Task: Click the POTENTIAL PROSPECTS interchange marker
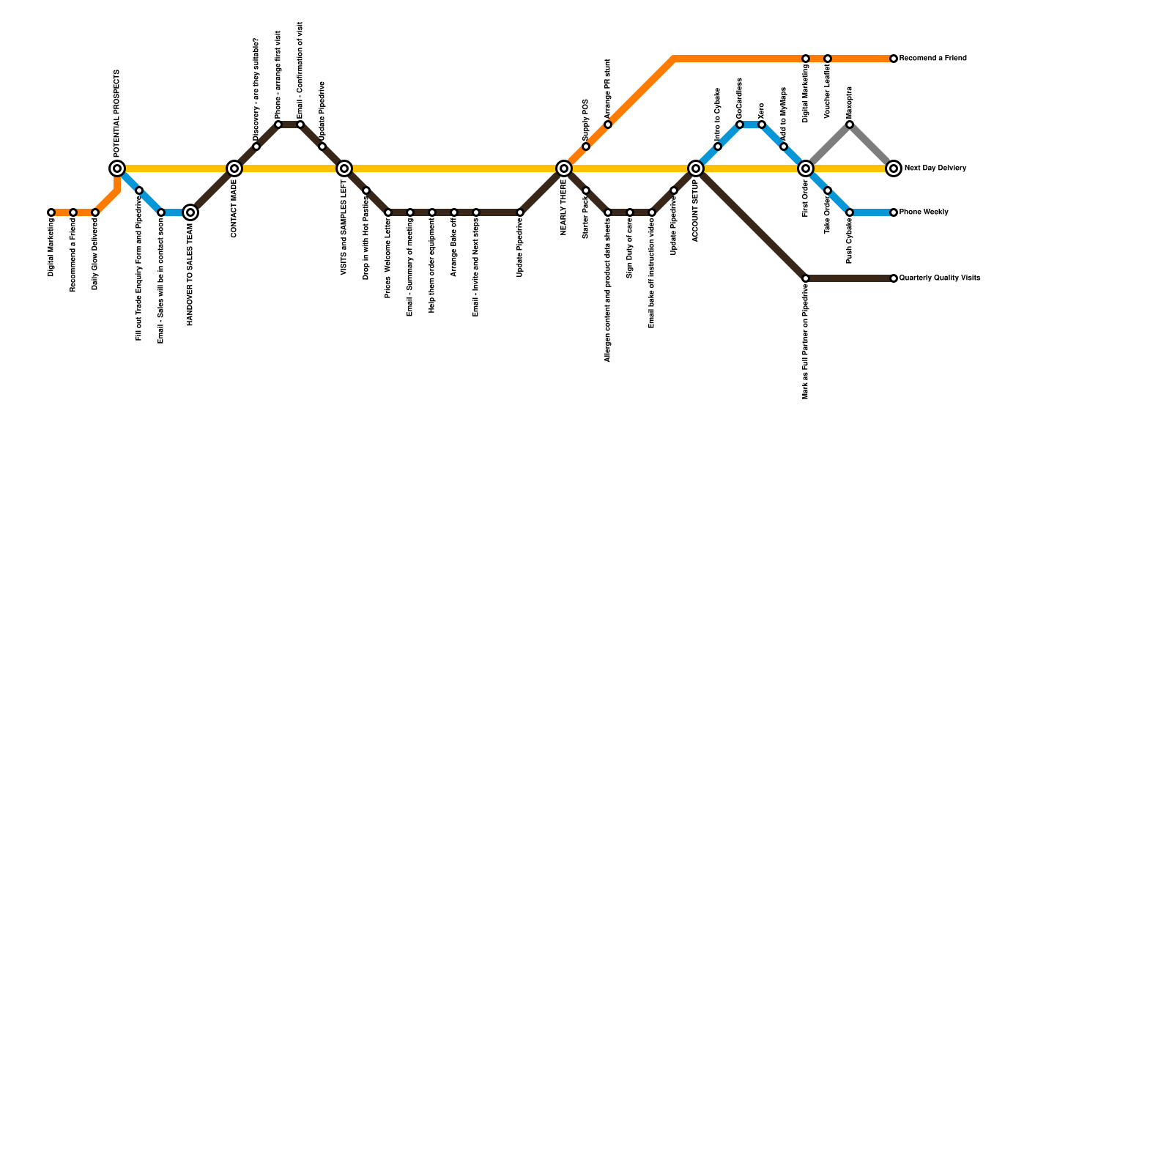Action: (117, 168)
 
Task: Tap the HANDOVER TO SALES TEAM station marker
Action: (190, 212)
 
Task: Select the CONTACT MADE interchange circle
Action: (234, 168)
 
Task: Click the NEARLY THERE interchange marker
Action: (564, 168)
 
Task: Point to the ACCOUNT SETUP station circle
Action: (696, 168)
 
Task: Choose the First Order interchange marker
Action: (806, 168)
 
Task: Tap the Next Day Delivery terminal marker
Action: (894, 168)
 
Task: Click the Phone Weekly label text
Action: (924, 212)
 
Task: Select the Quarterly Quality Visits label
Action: (939, 278)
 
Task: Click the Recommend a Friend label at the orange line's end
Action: (932, 59)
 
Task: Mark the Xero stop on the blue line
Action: (762, 125)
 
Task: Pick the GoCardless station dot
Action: (740, 125)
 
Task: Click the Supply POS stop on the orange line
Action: (586, 146)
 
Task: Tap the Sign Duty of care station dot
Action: (630, 212)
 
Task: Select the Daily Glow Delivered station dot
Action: (95, 212)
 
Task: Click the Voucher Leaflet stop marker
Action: (828, 59)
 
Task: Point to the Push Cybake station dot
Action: (850, 212)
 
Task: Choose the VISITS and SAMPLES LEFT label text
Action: (344, 227)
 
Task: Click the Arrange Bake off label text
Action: (454, 247)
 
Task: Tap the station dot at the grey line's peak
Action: (850, 125)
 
